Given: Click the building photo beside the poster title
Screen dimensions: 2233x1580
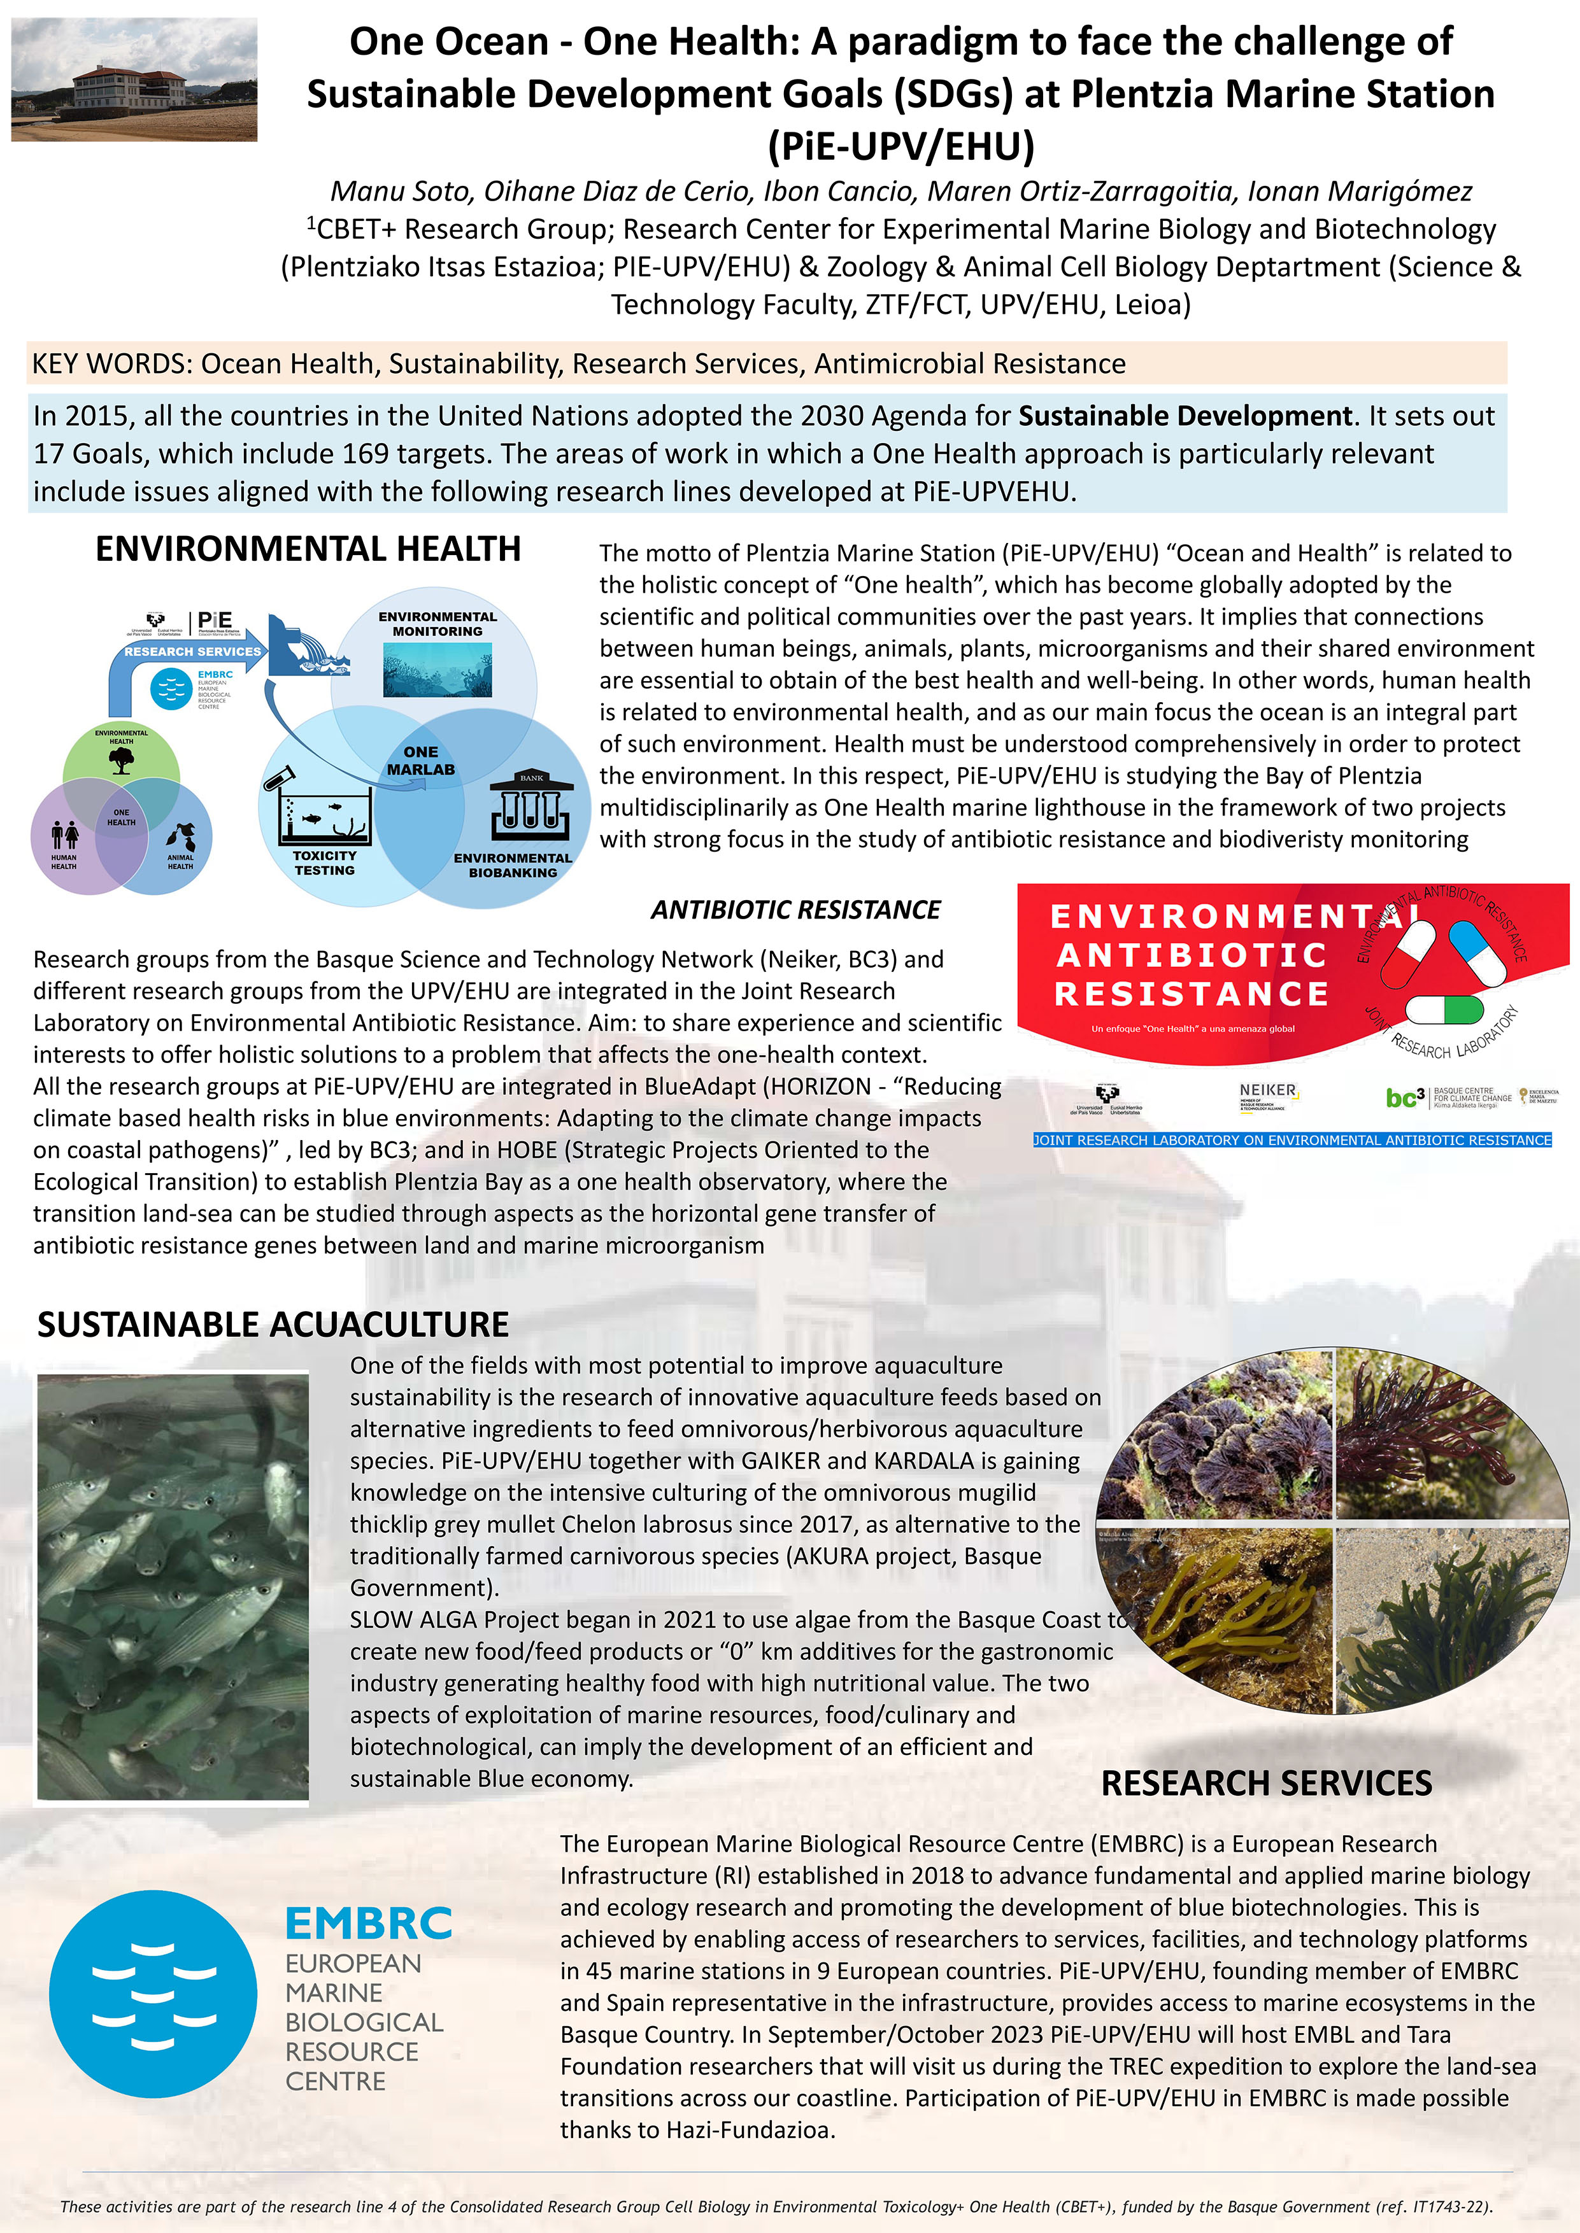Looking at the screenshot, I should [x=134, y=80].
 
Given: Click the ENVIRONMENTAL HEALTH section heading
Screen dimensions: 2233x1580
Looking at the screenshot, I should [x=308, y=549].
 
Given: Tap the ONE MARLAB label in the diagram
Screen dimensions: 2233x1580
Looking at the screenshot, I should [x=420, y=761].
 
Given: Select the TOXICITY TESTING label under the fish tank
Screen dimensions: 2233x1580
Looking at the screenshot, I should [x=324, y=863].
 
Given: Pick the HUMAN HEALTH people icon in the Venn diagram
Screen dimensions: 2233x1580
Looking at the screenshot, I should [x=65, y=835].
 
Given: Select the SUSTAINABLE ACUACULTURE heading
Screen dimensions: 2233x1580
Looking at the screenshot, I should [x=273, y=1325].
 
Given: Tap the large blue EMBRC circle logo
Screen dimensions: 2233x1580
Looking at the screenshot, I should [x=153, y=1994].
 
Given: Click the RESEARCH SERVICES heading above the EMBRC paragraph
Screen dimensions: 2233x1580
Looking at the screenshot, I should [x=1266, y=1783].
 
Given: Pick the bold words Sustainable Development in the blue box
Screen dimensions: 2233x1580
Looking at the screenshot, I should [x=1185, y=416].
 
